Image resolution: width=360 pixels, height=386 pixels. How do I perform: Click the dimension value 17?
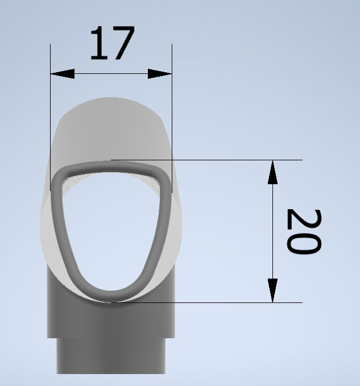click(x=113, y=43)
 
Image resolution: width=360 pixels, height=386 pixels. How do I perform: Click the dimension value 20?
click(x=304, y=231)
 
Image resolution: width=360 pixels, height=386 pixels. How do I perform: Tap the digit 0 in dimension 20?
click(x=304, y=243)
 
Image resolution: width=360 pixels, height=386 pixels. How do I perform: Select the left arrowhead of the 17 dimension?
click(x=63, y=73)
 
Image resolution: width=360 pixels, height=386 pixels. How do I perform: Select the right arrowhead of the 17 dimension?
click(x=160, y=73)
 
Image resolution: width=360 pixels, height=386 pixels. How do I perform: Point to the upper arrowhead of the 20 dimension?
click(x=272, y=172)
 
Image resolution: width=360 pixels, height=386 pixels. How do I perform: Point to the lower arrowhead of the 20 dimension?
click(x=272, y=290)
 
